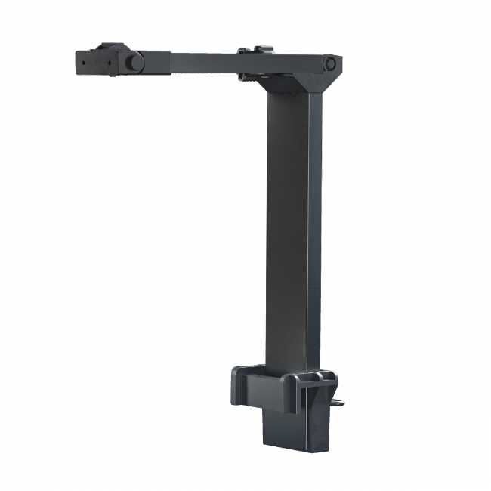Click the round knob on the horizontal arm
pos(133,63)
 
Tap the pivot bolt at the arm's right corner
pos(330,64)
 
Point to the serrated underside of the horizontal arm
pos(204,73)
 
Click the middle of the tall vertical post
pos(291,227)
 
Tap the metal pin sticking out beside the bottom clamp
pos(341,401)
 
